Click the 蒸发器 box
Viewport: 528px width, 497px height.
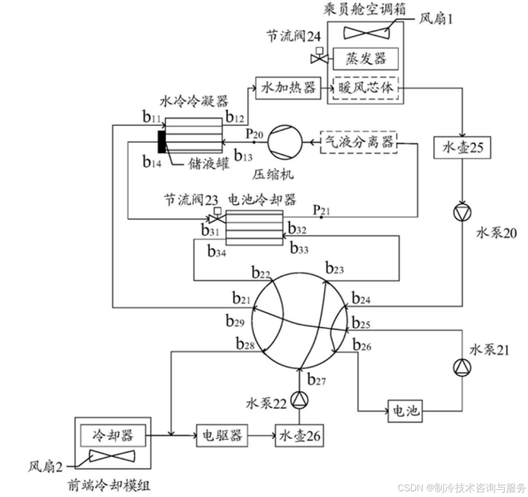click(x=365, y=58)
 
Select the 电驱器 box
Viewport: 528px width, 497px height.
click(x=221, y=436)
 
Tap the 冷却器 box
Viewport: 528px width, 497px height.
click(x=113, y=435)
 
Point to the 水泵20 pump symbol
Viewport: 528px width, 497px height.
click(x=463, y=213)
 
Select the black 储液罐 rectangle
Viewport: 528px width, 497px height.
click(x=162, y=142)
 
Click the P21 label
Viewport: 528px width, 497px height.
click(x=321, y=210)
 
